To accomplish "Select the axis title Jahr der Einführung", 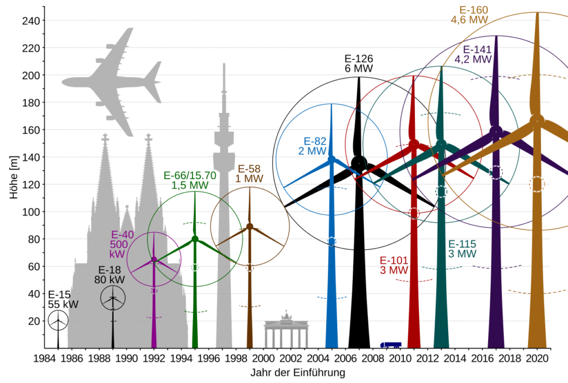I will click(297, 372).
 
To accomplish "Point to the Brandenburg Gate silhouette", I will click(286, 331).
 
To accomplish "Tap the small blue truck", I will click(391, 344).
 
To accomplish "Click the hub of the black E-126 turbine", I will click(359, 163).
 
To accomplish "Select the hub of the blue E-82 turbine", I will click(332, 160).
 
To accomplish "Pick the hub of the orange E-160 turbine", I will click(537, 120).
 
